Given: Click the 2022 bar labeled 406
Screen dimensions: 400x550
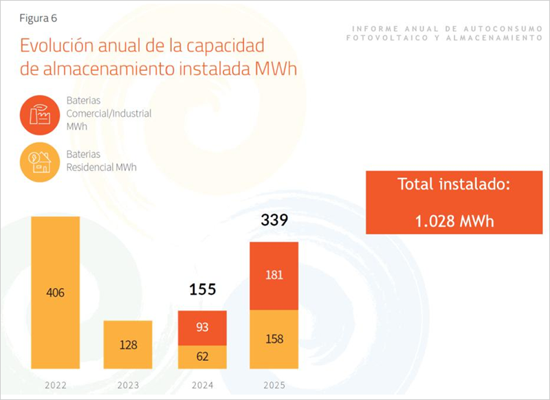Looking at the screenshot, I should [x=56, y=293].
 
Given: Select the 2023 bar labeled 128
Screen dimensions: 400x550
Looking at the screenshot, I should [x=128, y=344].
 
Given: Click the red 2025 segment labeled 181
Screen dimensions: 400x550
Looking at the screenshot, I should [x=274, y=275].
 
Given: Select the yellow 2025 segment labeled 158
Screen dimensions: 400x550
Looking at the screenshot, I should [x=274, y=339].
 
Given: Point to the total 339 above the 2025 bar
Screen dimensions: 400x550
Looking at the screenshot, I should [x=274, y=221].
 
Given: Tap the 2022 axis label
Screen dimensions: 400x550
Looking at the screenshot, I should [x=56, y=385].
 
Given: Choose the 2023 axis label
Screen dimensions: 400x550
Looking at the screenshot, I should [x=128, y=385].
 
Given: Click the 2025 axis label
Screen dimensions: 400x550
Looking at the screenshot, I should [x=274, y=385].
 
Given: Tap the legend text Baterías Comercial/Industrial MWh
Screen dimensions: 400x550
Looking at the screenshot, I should [x=108, y=113].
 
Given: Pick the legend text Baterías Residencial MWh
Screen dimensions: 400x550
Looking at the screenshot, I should [x=101, y=161].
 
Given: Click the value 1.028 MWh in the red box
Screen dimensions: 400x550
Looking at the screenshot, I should [x=454, y=221].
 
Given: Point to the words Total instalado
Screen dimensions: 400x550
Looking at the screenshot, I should [x=454, y=185].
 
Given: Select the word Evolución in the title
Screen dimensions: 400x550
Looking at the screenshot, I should [x=57, y=47].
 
